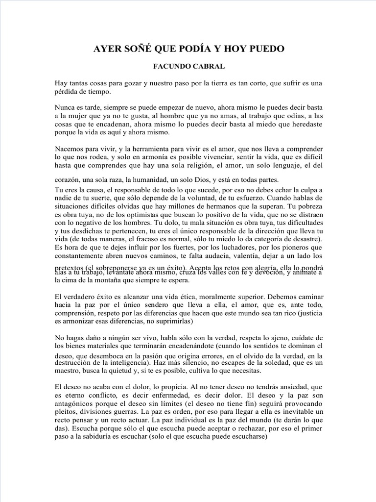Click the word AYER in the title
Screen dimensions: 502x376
(106, 49)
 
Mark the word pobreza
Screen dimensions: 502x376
(307, 207)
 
